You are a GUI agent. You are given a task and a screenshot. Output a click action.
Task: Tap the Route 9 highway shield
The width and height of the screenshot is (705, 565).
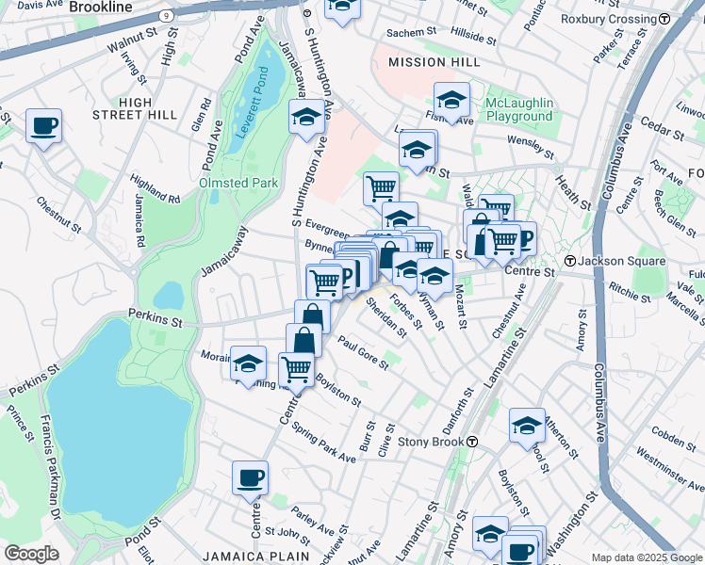pyautogui.click(x=166, y=15)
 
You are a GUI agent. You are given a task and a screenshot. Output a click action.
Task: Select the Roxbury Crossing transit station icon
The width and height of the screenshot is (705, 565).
pyautogui.click(x=664, y=19)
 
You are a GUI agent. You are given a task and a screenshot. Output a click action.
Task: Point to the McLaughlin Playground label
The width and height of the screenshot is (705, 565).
pyautogui.click(x=518, y=109)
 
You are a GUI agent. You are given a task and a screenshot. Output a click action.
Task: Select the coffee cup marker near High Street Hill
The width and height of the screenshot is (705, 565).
pyautogui.click(x=43, y=125)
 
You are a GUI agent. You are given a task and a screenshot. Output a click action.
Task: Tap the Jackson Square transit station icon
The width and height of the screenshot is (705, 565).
pyautogui.click(x=569, y=260)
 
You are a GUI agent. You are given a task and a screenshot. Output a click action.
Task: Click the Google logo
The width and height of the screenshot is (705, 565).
pyautogui.click(x=31, y=554)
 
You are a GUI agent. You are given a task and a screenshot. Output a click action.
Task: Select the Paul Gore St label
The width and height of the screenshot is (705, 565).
pyautogui.click(x=363, y=354)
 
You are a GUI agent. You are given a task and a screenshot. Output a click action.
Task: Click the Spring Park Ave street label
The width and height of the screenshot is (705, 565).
pyautogui.click(x=323, y=443)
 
